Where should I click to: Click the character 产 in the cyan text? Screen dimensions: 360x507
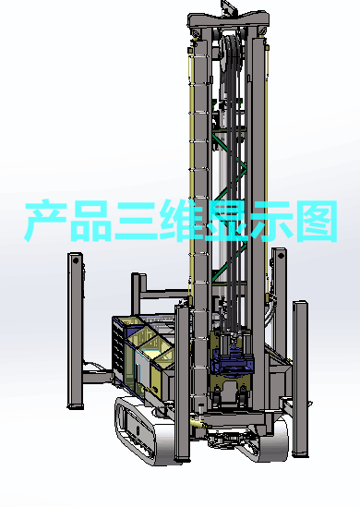tap(45, 221)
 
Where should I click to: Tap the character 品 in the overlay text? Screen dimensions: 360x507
tap(90, 221)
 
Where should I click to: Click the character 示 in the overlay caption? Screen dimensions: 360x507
tap(270, 221)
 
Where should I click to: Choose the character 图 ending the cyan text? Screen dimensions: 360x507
tap(317, 221)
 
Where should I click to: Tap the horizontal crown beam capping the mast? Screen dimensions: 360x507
tap(228, 20)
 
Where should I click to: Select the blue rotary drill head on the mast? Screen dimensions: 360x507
tap(232, 362)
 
